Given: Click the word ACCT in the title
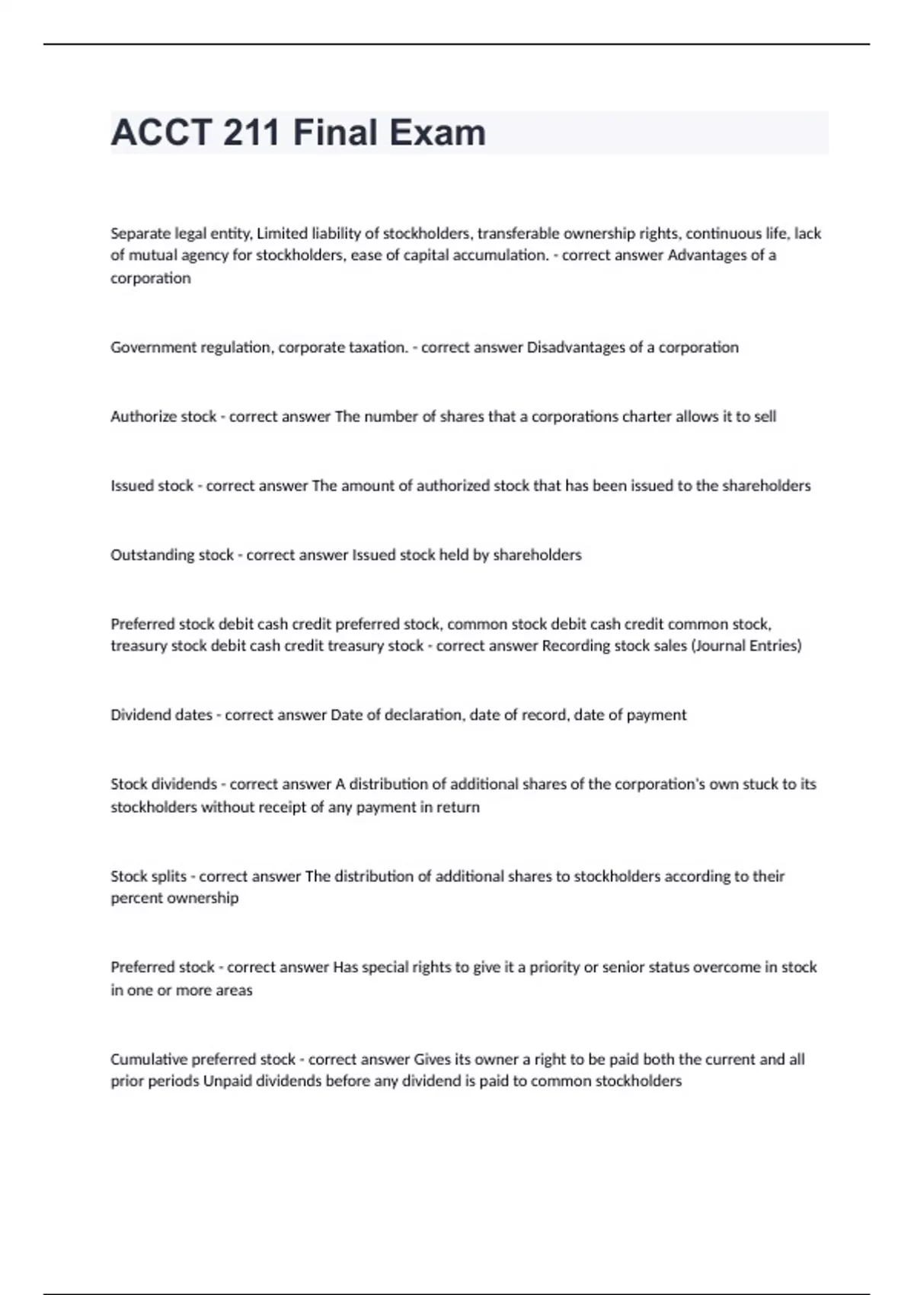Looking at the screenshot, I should tap(160, 133).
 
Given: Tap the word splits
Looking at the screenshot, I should tap(169, 876).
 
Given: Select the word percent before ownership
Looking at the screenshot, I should tap(135, 898).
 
